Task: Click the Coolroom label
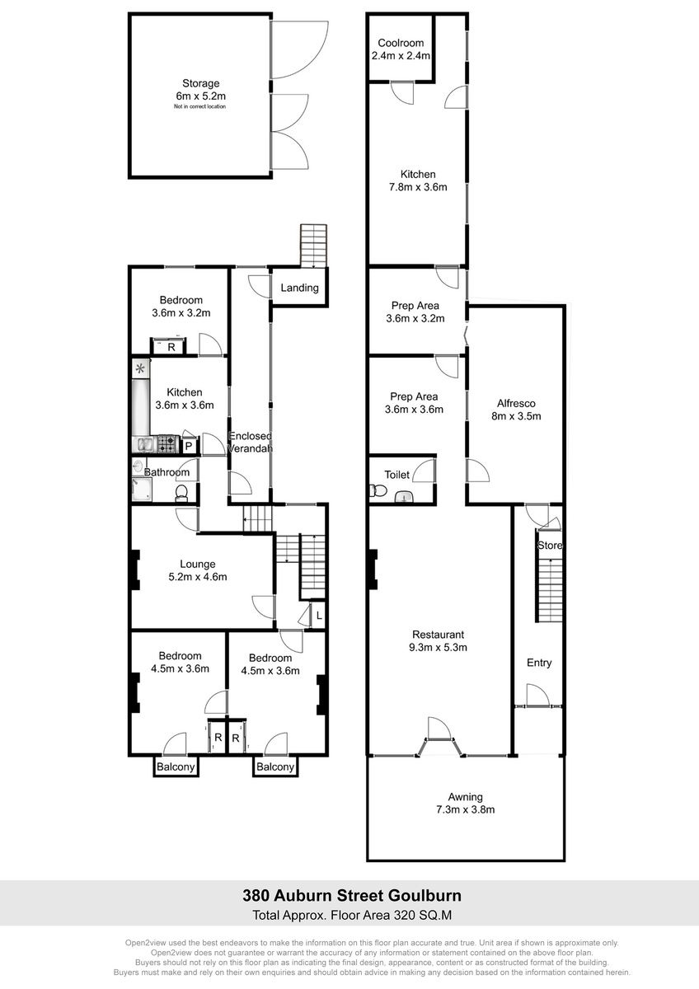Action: pyautogui.click(x=401, y=43)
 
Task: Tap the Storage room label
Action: pyautogui.click(x=201, y=83)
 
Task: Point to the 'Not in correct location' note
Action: pyautogui.click(x=200, y=106)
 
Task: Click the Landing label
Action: pyautogui.click(x=299, y=288)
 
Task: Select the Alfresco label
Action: pyautogui.click(x=516, y=403)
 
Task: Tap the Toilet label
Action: pyautogui.click(x=397, y=475)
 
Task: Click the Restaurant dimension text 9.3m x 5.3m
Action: pyautogui.click(x=438, y=647)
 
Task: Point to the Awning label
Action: pyautogui.click(x=466, y=797)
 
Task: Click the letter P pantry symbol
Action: pyautogui.click(x=189, y=447)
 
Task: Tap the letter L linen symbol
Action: pyautogui.click(x=319, y=616)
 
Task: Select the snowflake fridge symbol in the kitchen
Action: pyautogui.click(x=140, y=368)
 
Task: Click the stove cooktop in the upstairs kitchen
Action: pyautogui.click(x=167, y=444)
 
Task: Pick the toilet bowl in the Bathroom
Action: pyautogui.click(x=181, y=493)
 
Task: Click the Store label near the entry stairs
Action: pyautogui.click(x=550, y=546)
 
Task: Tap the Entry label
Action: pyautogui.click(x=539, y=663)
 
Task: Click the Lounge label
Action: pyautogui.click(x=197, y=564)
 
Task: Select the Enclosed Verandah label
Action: pyautogui.click(x=250, y=442)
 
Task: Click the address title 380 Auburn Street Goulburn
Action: pyautogui.click(x=352, y=895)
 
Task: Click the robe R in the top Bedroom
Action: pyautogui.click(x=171, y=347)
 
